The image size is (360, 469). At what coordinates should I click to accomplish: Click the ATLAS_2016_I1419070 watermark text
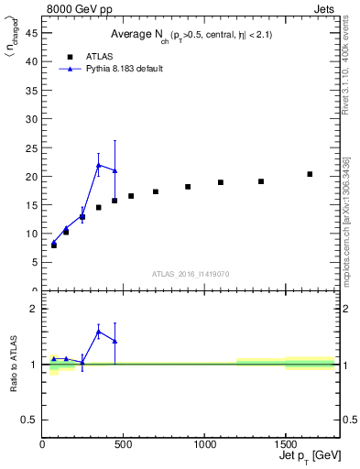click(x=191, y=274)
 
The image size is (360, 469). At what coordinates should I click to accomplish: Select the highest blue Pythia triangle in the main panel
click(x=99, y=165)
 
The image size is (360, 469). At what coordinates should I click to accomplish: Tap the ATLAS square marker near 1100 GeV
click(x=221, y=182)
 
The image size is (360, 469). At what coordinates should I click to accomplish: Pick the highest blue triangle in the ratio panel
click(x=99, y=332)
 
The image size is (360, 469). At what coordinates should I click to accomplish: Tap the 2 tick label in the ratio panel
click(x=35, y=309)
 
